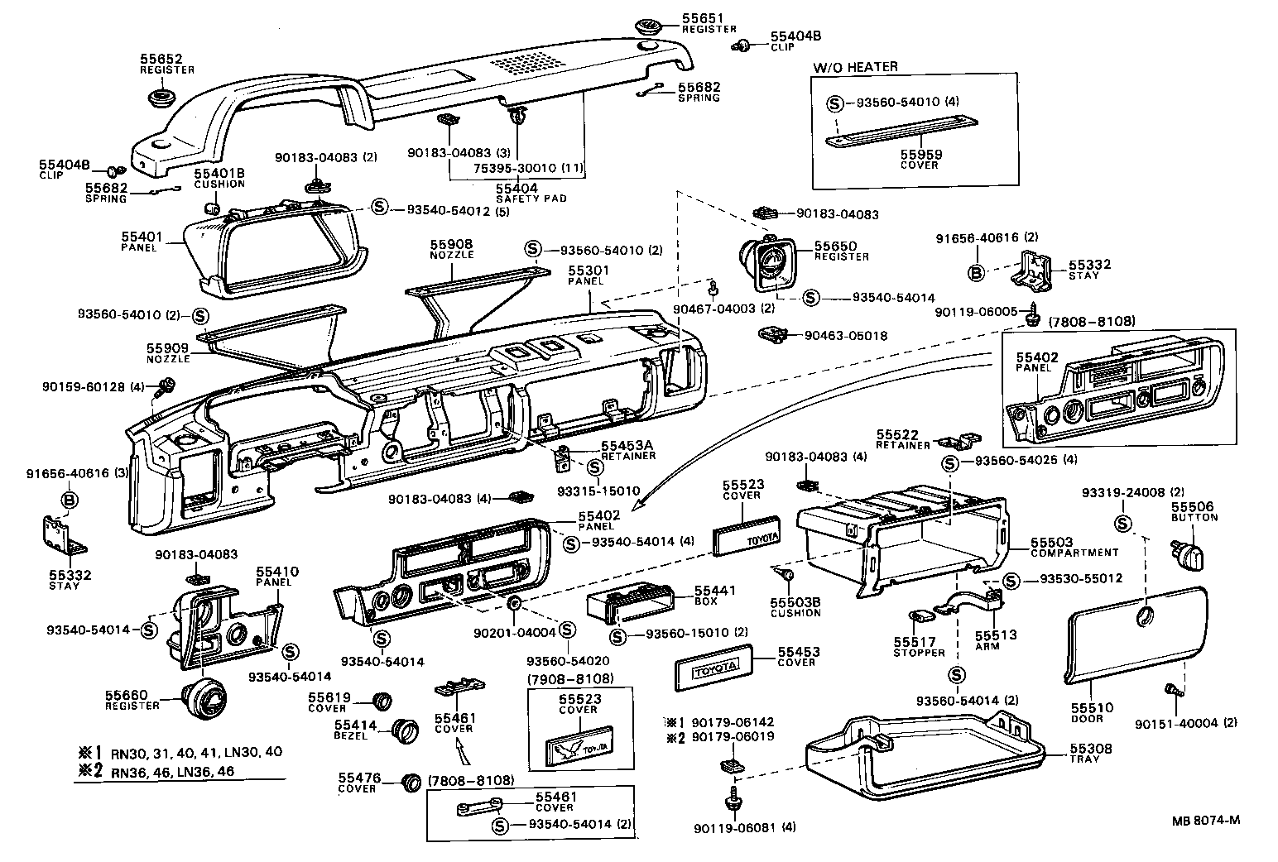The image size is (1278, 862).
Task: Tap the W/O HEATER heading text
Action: tap(855, 67)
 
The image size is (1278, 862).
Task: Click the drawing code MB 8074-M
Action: tap(1205, 821)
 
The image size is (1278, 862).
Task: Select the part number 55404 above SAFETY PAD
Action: tap(517, 188)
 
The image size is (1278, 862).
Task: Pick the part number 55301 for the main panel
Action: tap(588, 270)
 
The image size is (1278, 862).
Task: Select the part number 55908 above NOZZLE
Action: tap(451, 244)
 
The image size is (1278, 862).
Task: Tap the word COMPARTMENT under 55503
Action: tap(1074, 553)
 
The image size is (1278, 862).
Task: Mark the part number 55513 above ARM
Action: tap(995, 635)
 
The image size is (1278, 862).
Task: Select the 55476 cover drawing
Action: tap(410, 782)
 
